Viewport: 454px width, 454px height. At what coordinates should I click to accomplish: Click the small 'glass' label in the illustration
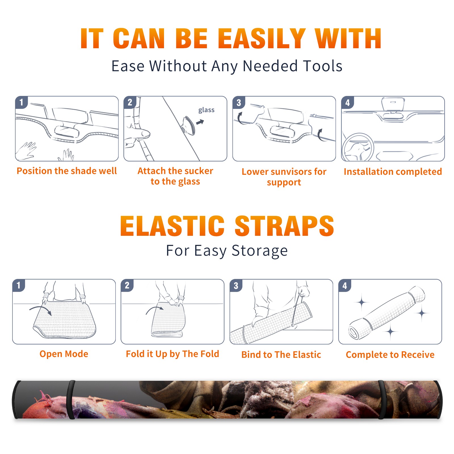click(x=206, y=110)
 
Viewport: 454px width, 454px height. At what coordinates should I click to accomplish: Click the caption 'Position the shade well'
click(x=67, y=171)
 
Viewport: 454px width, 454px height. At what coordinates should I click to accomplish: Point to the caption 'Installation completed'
click(x=393, y=171)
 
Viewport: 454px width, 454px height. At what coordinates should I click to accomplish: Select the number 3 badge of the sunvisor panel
click(x=239, y=103)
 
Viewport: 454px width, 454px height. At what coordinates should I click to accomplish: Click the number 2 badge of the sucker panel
click(x=130, y=102)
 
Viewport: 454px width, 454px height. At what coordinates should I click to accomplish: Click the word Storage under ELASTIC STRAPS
click(x=260, y=251)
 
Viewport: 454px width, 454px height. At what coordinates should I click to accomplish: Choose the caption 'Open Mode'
click(x=64, y=354)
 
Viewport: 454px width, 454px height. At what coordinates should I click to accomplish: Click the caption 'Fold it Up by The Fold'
click(x=173, y=354)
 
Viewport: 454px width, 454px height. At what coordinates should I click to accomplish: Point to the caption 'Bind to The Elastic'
click(x=281, y=354)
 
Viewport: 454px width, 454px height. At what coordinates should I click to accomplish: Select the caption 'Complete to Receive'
click(x=390, y=355)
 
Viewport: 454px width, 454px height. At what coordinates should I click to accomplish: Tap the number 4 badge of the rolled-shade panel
click(x=345, y=286)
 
